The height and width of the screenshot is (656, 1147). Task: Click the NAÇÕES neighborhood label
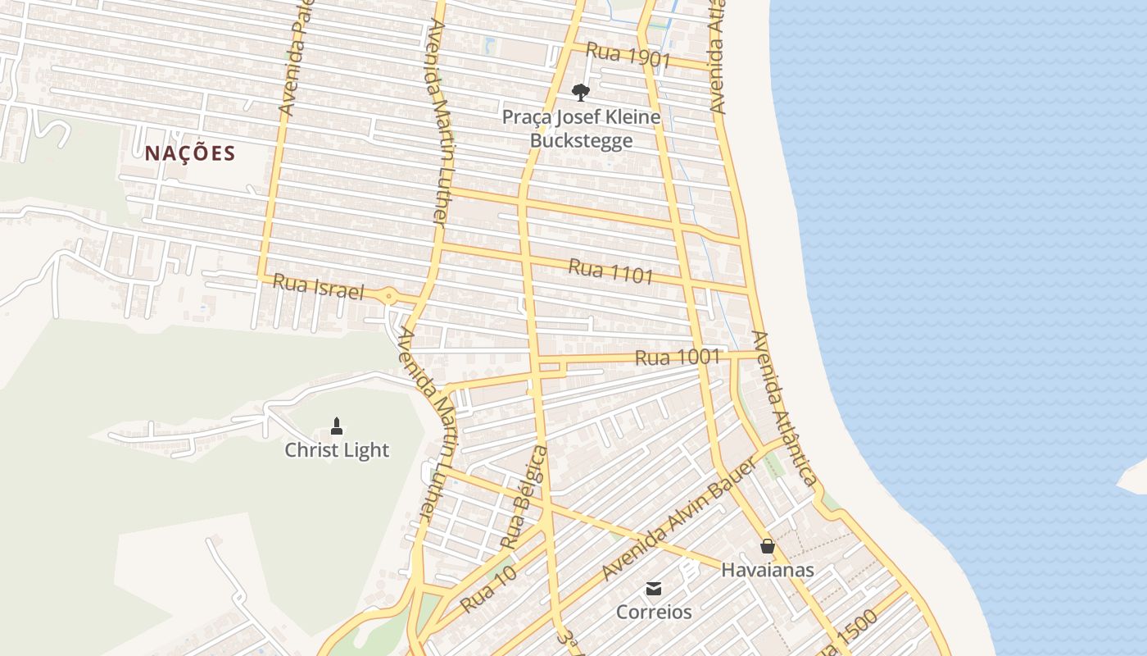coord(190,153)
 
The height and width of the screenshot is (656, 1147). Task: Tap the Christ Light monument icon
coord(337,426)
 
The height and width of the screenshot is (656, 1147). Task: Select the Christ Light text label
coord(337,450)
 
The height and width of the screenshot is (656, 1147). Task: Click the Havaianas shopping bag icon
coord(768,545)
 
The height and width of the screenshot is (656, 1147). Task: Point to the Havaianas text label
coord(768,570)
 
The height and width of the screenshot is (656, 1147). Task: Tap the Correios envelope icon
coord(654,588)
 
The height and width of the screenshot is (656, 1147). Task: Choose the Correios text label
coord(654,613)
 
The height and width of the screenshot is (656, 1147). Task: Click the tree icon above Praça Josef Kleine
coord(581,91)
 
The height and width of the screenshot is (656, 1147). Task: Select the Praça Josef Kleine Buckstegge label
coord(581,129)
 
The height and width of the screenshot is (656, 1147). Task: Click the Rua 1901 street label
coord(629,57)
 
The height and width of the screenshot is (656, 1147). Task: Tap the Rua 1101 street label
coord(611,271)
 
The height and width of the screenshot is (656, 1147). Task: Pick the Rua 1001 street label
coord(678,358)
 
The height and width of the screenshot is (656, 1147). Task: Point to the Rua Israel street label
coord(317,287)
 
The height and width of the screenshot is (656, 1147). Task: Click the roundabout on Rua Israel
coord(389,296)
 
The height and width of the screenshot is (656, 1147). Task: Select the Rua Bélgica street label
coord(524,498)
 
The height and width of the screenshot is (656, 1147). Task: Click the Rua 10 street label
coord(488,590)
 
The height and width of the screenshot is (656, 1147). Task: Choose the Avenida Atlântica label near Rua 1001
coord(784,408)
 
